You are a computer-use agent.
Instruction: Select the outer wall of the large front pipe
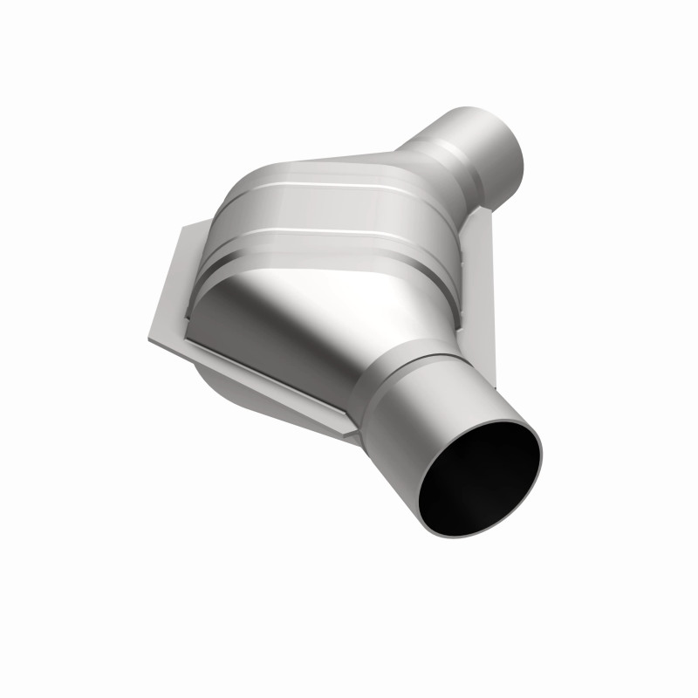410,419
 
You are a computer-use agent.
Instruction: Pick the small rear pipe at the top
484,144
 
